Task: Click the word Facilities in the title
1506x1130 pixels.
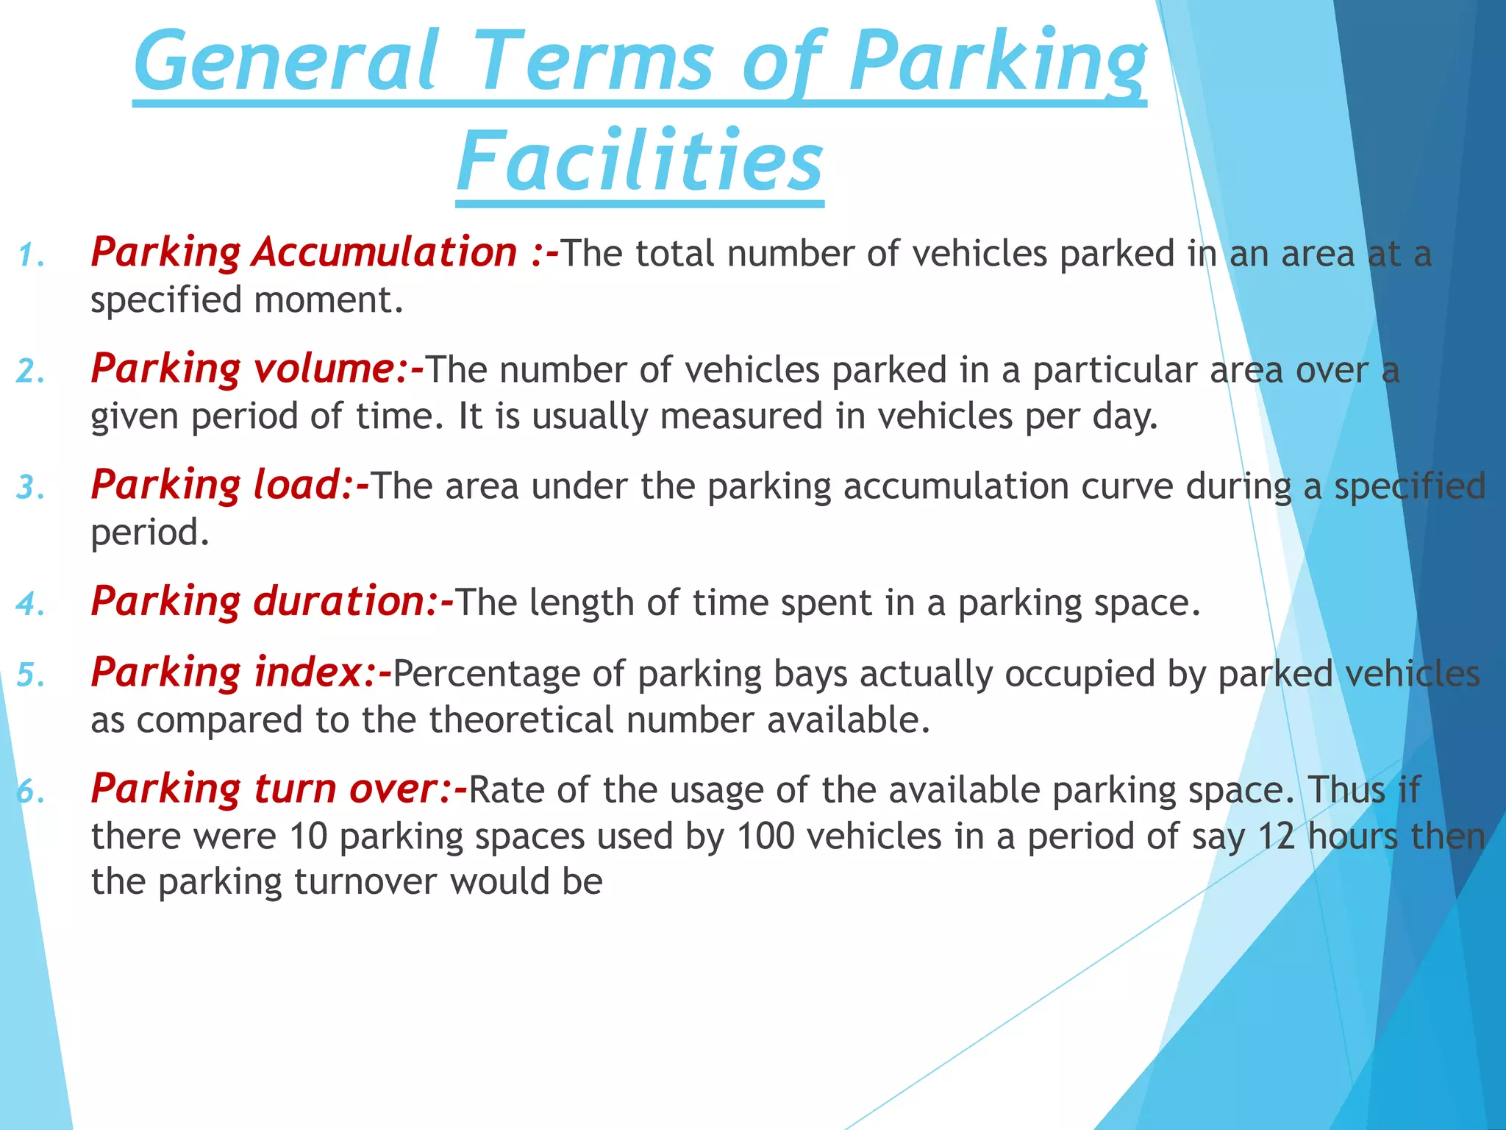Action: pyautogui.click(x=639, y=160)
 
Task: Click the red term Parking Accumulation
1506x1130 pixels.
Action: pyautogui.click(x=304, y=252)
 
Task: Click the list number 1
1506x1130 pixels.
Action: pyautogui.click(x=29, y=256)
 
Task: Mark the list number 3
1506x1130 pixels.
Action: pyautogui.click(x=30, y=488)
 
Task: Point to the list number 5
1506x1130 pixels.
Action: pyautogui.click(x=30, y=675)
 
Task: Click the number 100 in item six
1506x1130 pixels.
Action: pyautogui.click(x=766, y=836)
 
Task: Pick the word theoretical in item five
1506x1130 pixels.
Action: pyautogui.click(x=521, y=719)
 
